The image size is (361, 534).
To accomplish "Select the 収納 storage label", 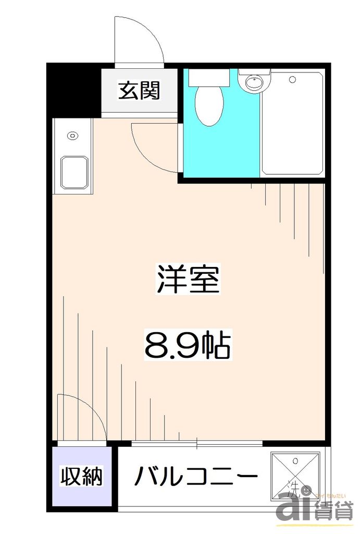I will point(81,476).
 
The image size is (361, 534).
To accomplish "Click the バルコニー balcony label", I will point(196,476).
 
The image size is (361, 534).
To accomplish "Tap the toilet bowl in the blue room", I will point(209,106).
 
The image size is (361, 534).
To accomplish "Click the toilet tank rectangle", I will point(209,78).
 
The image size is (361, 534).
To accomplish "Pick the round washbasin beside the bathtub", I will point(254,82).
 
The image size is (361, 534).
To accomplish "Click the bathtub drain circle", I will point(292,80).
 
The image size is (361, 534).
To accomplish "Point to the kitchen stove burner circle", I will point(72,136).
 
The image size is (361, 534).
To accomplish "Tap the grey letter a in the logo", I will point(292,506).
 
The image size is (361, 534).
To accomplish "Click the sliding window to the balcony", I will point(197,444).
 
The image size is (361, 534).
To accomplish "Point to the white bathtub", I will point(292,123).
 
